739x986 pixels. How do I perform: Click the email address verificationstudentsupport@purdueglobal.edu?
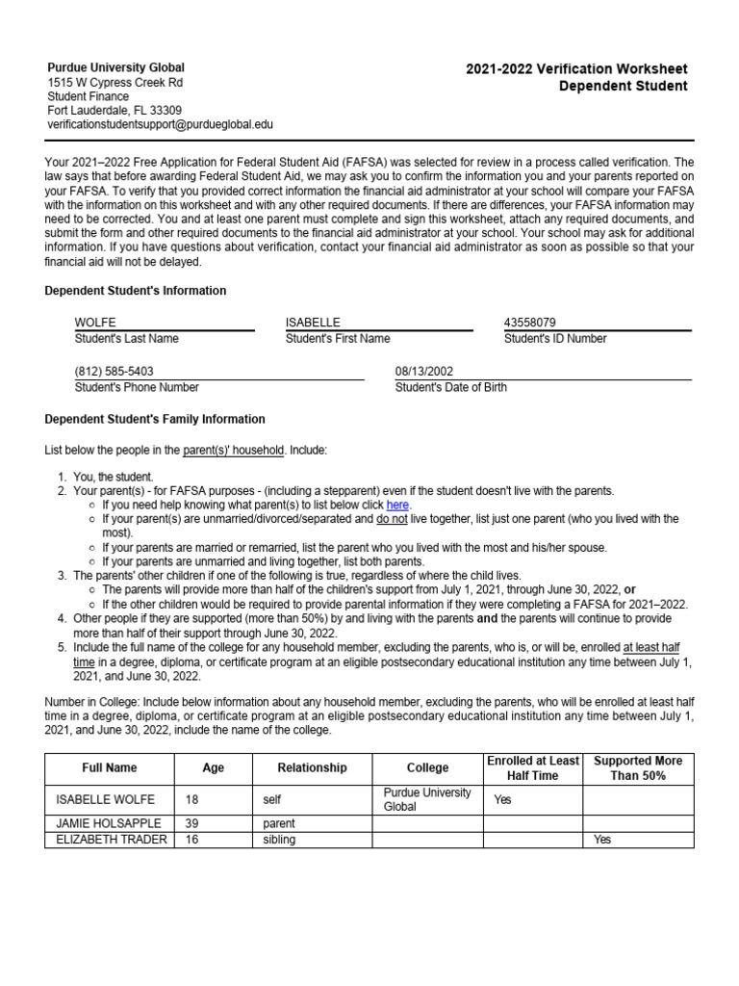point(161,124)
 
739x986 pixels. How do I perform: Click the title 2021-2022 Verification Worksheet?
point(576,69)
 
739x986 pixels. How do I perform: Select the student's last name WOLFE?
point(95,322)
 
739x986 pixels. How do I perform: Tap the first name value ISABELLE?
point(313,322)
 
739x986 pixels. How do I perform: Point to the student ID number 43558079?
point(529,322)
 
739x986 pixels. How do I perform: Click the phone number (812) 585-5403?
point(114,371)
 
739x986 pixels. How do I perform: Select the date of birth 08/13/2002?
point(424,371)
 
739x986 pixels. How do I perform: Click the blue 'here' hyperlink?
point(397,505)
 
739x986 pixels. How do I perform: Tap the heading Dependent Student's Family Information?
point(156,420)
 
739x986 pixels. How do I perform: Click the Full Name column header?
point(109,767)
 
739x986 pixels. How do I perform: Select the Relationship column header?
point(312,767)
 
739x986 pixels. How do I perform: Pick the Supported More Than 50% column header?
point(638,767)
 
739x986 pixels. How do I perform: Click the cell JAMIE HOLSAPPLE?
point(109,823)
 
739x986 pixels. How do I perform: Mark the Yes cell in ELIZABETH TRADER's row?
point(602,840)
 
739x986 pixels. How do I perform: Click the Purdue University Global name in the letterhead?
point(116,67)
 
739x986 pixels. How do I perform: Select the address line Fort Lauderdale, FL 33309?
point(115,110)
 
